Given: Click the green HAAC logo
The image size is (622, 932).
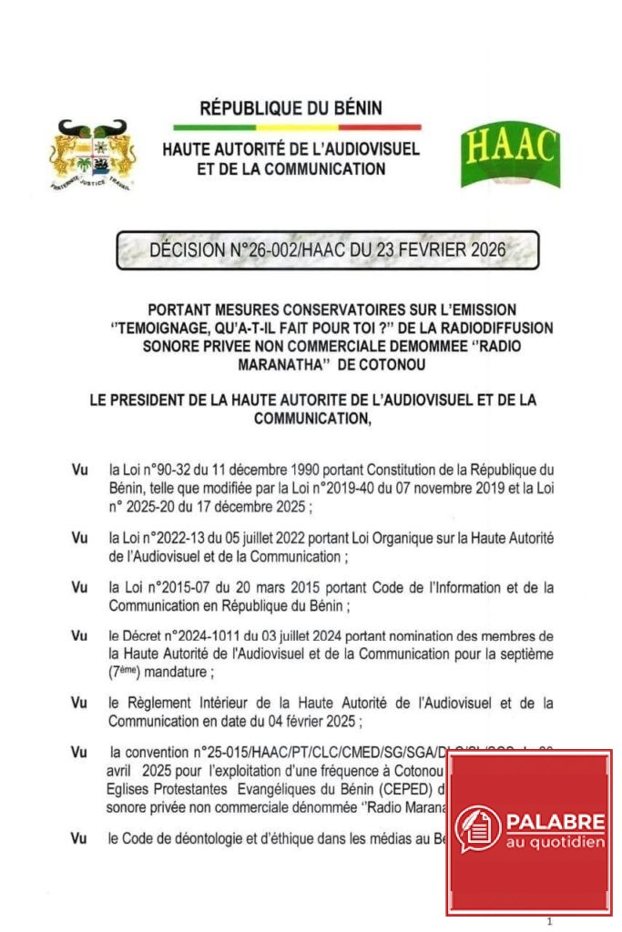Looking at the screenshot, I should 510,154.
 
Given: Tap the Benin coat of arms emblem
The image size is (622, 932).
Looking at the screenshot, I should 92,154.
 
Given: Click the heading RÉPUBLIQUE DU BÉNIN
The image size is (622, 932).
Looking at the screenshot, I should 291,108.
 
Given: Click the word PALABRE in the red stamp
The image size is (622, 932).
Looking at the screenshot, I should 556,822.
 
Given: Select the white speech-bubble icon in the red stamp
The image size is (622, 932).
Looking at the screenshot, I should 478,827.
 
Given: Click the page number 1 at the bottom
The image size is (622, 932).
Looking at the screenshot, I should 549,921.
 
